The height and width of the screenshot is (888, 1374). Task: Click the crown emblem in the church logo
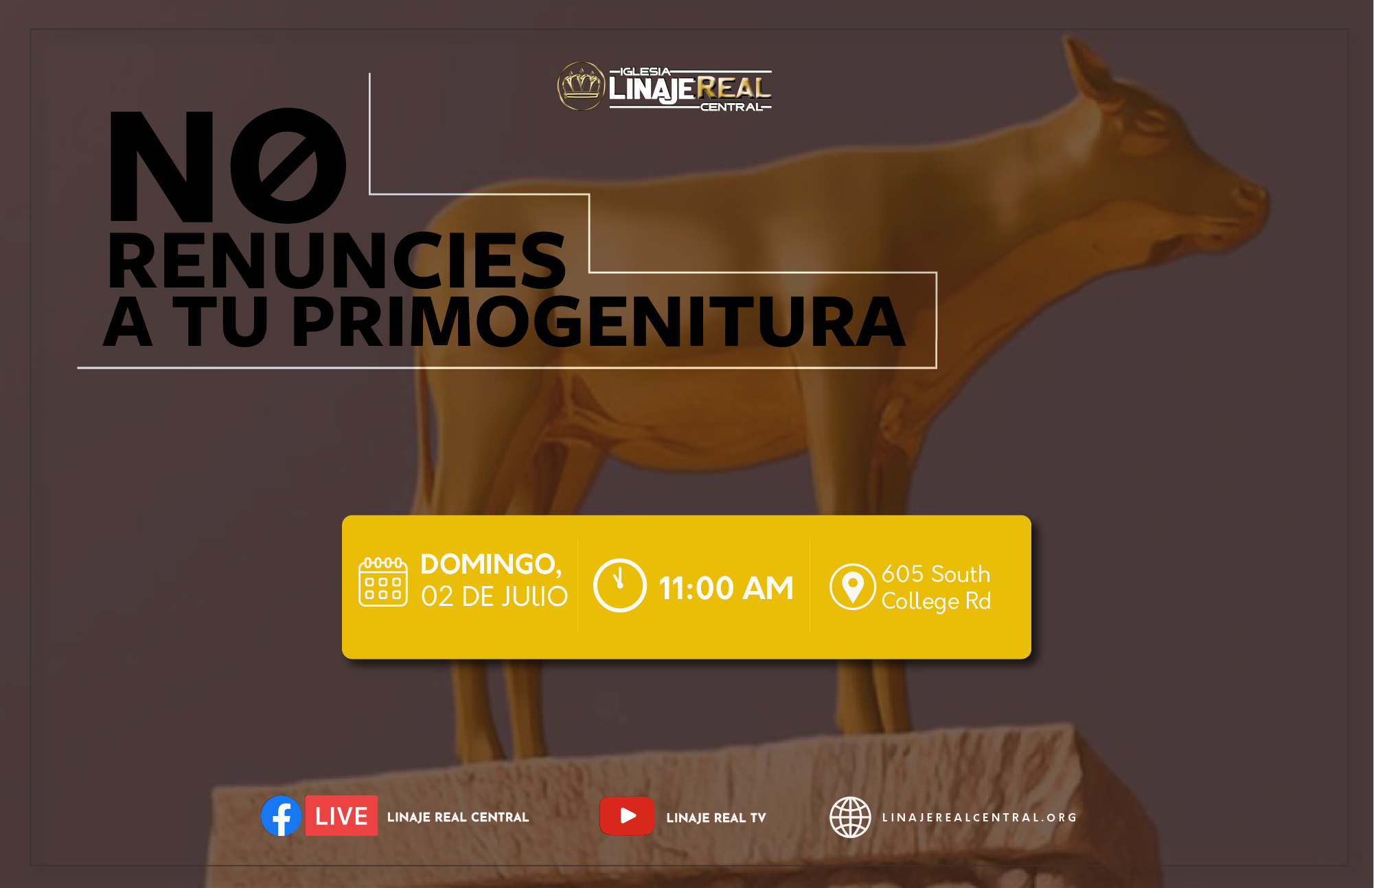[x=581, y=86]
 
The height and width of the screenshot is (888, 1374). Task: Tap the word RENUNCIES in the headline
[x=337, y=260]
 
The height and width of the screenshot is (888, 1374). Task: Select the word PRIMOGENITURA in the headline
[x=599, y=322]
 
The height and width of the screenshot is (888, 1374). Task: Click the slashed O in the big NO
[x=288, y=165]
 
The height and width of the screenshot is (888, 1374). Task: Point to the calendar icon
[x=383, y=582]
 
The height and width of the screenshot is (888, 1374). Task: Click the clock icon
[x=619, y=585]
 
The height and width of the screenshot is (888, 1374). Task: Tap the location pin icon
[x=852, y=587]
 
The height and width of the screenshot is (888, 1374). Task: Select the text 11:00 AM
[x=726, y=588]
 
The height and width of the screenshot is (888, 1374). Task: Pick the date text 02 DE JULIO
[x=494, y=596]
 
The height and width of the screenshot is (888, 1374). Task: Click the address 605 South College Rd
[x=936, y=587]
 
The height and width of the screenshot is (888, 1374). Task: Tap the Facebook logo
[x=282, y=816]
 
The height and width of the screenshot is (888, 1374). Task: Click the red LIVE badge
[x=341, y=816]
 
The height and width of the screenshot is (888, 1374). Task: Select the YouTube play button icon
[x=627, y=816]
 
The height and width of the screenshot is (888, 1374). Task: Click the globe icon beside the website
[x=850, y=817]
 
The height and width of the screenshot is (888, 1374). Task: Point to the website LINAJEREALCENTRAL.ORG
[x=979, y=817]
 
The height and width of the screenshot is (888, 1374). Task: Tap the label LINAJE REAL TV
[x=716, y=817]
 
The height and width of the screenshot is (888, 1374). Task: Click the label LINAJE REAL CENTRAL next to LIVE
[x=458, y=817]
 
